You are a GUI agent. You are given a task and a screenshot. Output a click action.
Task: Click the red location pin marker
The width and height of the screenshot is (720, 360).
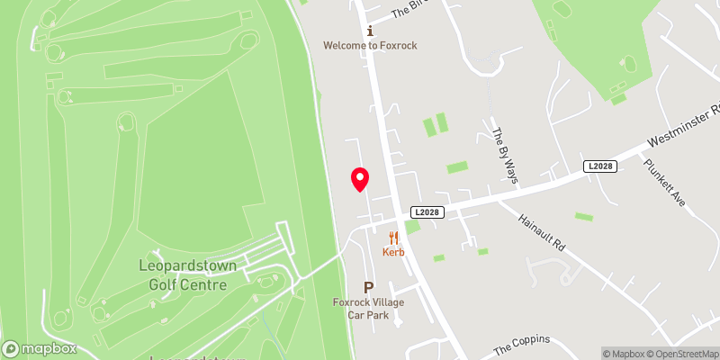pos(359,179)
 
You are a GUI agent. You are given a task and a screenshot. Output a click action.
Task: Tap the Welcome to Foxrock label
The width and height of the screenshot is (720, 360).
pos(371,45)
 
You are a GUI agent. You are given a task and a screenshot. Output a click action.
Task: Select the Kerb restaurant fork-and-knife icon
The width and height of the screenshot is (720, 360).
pos(393,238)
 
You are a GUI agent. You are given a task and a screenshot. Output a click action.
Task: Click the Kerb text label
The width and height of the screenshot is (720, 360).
pos(393,252)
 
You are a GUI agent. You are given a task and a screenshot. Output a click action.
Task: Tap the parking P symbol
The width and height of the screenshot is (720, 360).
pos(368,287)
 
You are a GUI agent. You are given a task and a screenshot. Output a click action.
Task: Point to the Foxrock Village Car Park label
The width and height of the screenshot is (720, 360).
pos(368,308)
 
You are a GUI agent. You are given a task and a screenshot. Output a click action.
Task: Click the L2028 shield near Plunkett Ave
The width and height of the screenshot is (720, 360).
pos(599,166)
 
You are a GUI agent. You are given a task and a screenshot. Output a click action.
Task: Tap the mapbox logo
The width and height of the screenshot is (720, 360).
pos(40,348)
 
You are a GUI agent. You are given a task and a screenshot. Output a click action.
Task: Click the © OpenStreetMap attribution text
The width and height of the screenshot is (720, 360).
pos(687,354)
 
